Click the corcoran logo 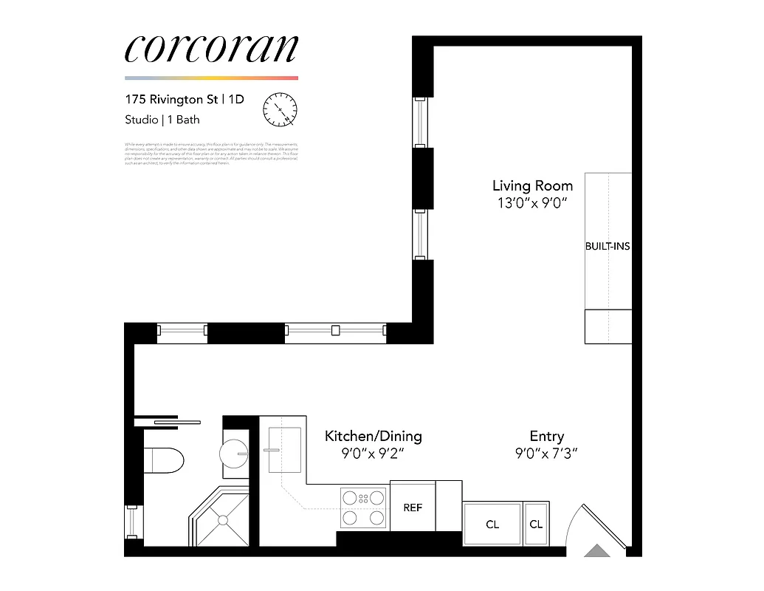(211, 49)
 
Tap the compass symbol (280, 109)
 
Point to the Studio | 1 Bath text (162, 119)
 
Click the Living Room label (532, 186)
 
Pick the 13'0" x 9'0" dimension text (532, 203)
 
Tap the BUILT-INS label (608, 246)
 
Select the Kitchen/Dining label (374, 436)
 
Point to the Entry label (547, 436)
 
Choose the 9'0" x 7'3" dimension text (546, 454)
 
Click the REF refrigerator (412, 508)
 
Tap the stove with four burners (363, 508)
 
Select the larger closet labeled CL (492, 524)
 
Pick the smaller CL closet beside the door (536, 524)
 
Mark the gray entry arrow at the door (595, 550)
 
